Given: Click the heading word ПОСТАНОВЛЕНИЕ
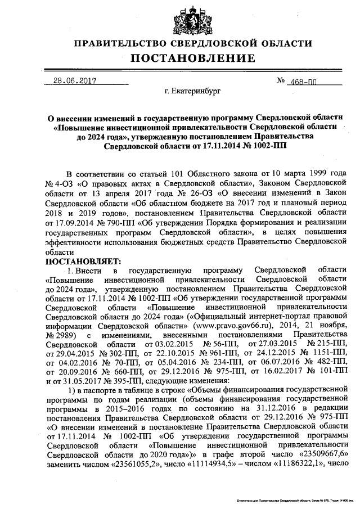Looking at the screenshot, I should click(x=193, y=58).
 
